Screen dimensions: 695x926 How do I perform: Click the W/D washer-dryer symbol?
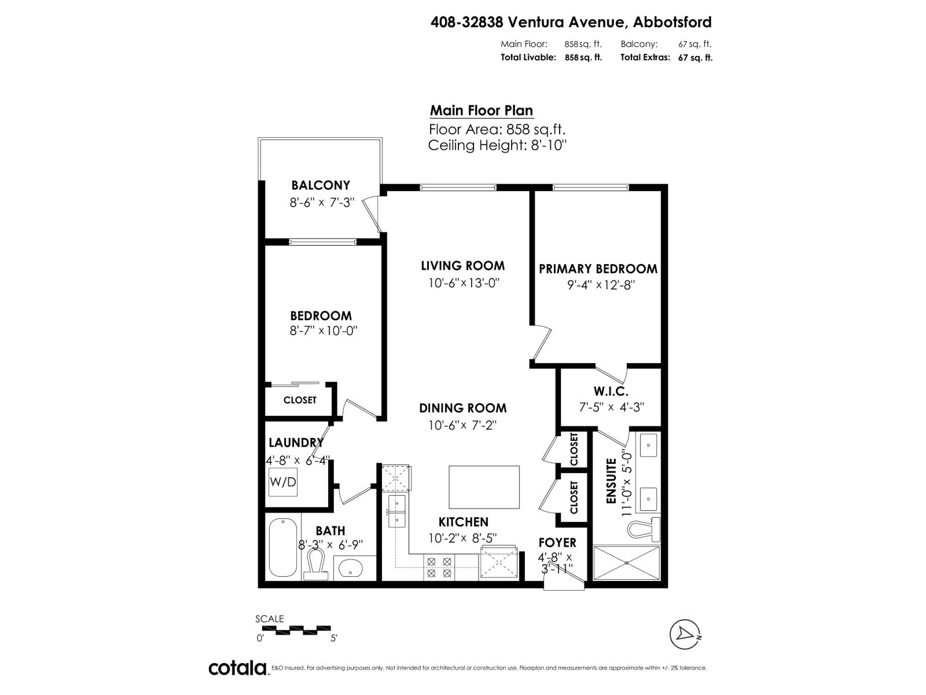(283, 482)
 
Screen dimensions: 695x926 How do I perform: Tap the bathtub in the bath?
(283, 547)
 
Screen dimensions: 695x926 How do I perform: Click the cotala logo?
(237, 668)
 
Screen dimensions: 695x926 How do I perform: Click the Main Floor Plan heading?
(481, 111)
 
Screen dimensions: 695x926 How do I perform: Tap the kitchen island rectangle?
(484, 487)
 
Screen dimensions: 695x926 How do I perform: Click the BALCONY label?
(321, 185)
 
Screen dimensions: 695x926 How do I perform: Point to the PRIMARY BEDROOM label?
(598, 269)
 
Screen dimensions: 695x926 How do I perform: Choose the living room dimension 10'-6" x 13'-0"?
(464, 283)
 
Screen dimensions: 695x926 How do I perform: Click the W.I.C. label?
(611, 392)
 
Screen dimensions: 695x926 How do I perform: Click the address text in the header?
(571, 22)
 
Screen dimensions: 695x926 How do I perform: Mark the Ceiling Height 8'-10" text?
(497, 145)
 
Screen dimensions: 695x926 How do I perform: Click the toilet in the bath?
(316, 564)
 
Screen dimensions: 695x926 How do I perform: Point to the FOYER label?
(557, 543)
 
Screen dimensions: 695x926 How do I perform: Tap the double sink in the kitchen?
(397, 511)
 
